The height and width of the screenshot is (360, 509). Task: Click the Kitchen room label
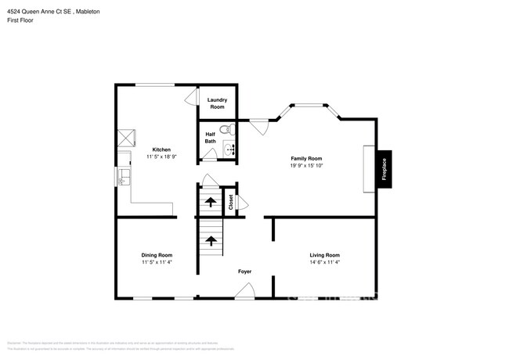click(161, 149)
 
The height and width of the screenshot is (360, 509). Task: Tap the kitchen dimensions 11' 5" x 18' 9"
click(161, 157)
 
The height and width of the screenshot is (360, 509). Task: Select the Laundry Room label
click(217, 103)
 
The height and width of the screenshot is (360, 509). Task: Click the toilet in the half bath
click(224, 130)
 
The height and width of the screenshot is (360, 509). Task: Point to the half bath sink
click(230, 148)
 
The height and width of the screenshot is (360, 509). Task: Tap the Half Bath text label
click(211, 138)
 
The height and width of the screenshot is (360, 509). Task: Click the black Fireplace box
click(384, 169)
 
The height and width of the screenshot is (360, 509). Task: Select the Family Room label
click(306, 158)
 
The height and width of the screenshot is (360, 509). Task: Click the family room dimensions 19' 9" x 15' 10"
click(306, 166)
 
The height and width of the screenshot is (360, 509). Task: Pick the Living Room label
click(324, 255)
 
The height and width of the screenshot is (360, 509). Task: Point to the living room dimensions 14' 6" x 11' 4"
click(324, 263)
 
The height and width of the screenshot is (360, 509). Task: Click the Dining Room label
click(157, 255)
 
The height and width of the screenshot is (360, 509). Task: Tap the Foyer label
click(245, 272)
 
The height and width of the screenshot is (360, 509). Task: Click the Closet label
click(230, 202)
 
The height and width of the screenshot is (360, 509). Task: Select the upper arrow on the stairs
click(209, 203)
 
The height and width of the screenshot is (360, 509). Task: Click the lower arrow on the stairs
click(209, 240)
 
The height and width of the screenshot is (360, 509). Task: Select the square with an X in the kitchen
click(125, 139)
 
